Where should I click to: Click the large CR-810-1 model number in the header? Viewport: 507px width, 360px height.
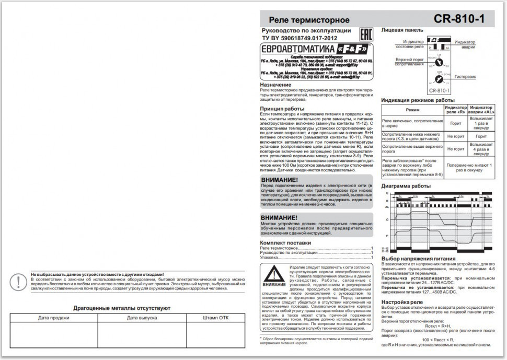click(x=458, y=19)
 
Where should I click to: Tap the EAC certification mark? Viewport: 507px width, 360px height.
click(x=366, y=34)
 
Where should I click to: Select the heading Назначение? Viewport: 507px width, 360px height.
click(x=276, y=85)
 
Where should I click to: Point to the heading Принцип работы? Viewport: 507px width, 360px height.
click(x=283, y=109)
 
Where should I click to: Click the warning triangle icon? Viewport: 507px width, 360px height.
click(x=274, y=275)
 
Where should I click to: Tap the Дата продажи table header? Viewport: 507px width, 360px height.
click(x=53, y=318)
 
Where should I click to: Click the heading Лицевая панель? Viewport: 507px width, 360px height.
click(x=402, y=30)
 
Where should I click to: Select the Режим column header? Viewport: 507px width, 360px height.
click(x=412, y=110)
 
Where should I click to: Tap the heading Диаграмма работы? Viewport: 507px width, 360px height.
click(x=406, y=186)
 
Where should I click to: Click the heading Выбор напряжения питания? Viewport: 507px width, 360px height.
click(x=418, y=259)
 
